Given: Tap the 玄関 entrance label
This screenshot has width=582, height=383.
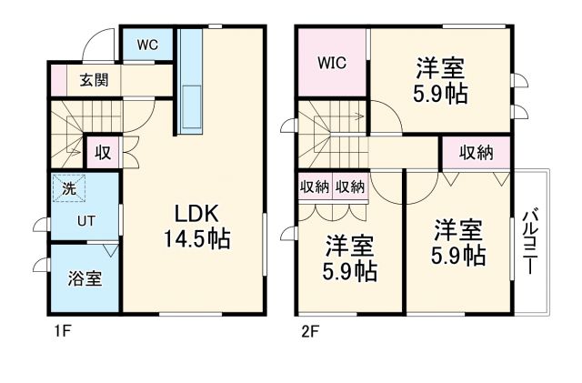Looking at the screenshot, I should coord(93,80).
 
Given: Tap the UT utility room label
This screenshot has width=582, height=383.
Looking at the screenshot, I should coord(85,219).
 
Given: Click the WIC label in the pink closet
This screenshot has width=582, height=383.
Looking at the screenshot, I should coord(332,64).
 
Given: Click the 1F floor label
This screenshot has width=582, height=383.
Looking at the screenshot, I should coord(60,331).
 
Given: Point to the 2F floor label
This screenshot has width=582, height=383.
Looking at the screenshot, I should coord(309,331).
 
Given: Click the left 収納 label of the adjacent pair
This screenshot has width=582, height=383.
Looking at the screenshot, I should coord(315,186).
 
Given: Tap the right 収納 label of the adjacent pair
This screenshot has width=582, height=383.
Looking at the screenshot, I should coord(349,186).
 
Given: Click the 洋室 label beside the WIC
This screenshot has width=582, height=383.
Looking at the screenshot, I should coord(442,68).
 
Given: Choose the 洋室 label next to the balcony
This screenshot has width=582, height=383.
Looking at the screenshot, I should coord(457,228).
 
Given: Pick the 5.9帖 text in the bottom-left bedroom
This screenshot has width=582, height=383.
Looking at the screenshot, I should coord(350,270).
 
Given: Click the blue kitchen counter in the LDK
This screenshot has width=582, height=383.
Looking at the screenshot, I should coord(193,82).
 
